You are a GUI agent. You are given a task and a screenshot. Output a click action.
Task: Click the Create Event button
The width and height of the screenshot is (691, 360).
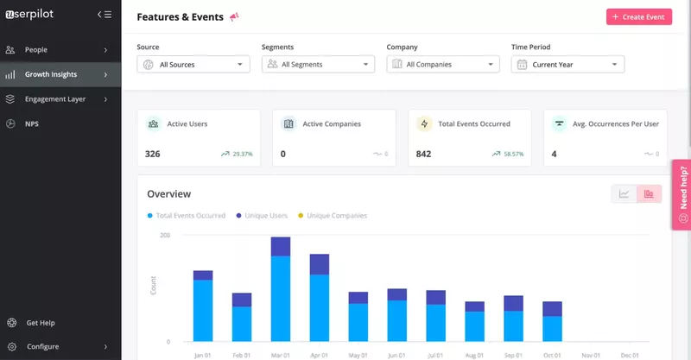coord(639,16)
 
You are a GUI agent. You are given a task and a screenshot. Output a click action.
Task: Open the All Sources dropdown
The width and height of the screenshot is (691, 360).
coord(193,65)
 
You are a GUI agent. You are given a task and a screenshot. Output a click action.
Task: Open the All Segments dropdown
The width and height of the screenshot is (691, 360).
coord(318,65)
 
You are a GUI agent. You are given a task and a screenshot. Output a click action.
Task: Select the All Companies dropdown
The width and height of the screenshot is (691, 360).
coord(443,65)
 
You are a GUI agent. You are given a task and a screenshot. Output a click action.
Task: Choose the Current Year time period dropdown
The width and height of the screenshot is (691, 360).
coord(567,65)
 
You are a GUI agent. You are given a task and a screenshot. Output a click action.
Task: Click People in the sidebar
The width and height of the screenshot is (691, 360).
coord(36,50)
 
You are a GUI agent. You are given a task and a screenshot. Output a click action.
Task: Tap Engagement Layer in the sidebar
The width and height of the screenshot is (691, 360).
coord(54,99)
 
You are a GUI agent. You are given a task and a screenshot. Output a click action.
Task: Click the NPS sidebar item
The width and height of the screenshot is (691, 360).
coord(32,123)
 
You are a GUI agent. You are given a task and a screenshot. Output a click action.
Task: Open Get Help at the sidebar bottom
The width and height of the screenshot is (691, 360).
coord(40,323)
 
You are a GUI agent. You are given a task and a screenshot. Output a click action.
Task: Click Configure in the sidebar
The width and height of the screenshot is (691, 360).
coord(42,346)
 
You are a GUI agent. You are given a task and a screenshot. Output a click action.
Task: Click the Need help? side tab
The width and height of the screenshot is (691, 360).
coord(682,194)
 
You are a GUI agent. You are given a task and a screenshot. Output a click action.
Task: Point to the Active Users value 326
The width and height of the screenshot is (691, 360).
coord(153,154)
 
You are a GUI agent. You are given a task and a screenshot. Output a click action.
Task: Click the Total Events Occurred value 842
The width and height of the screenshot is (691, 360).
coord(423,154)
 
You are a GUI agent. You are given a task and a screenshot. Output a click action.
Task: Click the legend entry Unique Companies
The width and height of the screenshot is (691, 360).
coord(336,216)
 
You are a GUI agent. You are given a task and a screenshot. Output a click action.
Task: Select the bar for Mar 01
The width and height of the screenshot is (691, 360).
coord(281,289)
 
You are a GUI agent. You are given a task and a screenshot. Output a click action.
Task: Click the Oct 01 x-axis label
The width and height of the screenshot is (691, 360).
coord(552,355)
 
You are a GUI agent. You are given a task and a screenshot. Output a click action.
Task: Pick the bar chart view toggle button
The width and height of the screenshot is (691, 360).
coord(649,193)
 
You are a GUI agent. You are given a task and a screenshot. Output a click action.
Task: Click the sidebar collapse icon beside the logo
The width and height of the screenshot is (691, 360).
coord(105,14)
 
